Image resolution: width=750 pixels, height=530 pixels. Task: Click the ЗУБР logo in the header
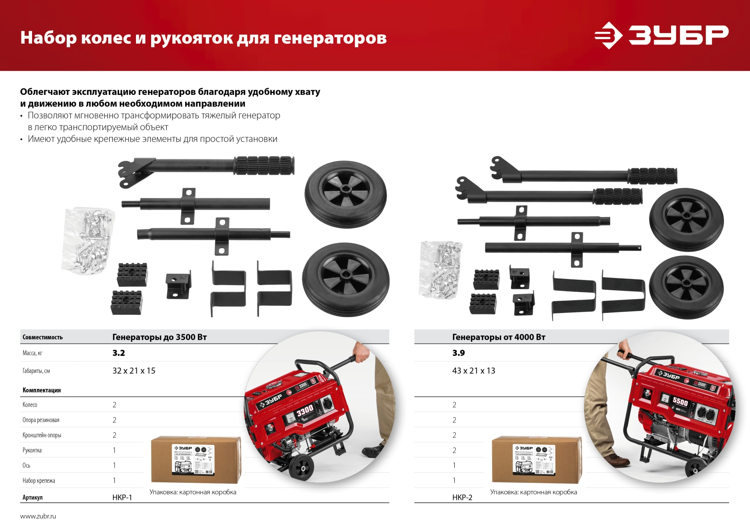tap(661, 35)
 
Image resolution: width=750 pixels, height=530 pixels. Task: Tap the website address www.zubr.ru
tap(38, 516)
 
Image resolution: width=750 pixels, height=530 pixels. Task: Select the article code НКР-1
tap(122, 497)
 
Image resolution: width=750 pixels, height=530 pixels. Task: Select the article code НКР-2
tap(462, 497)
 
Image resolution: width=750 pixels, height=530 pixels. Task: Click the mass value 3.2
tap(119, 353)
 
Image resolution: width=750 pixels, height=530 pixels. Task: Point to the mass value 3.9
tap(459, 353)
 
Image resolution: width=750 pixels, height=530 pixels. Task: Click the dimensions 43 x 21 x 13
tap(473, 371)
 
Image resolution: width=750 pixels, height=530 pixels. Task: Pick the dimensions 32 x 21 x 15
tap(134, 371)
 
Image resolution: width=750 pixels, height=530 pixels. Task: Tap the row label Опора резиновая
tap(41, 420)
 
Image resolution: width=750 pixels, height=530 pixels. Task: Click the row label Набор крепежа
tap(39, 480)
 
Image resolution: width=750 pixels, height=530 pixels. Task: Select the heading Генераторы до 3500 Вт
tap(159, 337)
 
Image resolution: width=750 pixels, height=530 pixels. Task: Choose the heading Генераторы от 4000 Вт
tap(498, 337)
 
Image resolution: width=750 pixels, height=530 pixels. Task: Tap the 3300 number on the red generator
tap(305, 410)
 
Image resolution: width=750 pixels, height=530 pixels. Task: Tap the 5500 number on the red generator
tap(680, 401)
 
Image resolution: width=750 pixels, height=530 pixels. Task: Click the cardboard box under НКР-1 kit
tap(195, 460)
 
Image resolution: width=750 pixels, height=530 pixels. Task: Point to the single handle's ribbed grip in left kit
tap(264, 166)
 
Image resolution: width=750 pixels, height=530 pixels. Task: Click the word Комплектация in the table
tap(41, 390)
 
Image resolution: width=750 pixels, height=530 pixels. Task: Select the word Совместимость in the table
tap(43, 337)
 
